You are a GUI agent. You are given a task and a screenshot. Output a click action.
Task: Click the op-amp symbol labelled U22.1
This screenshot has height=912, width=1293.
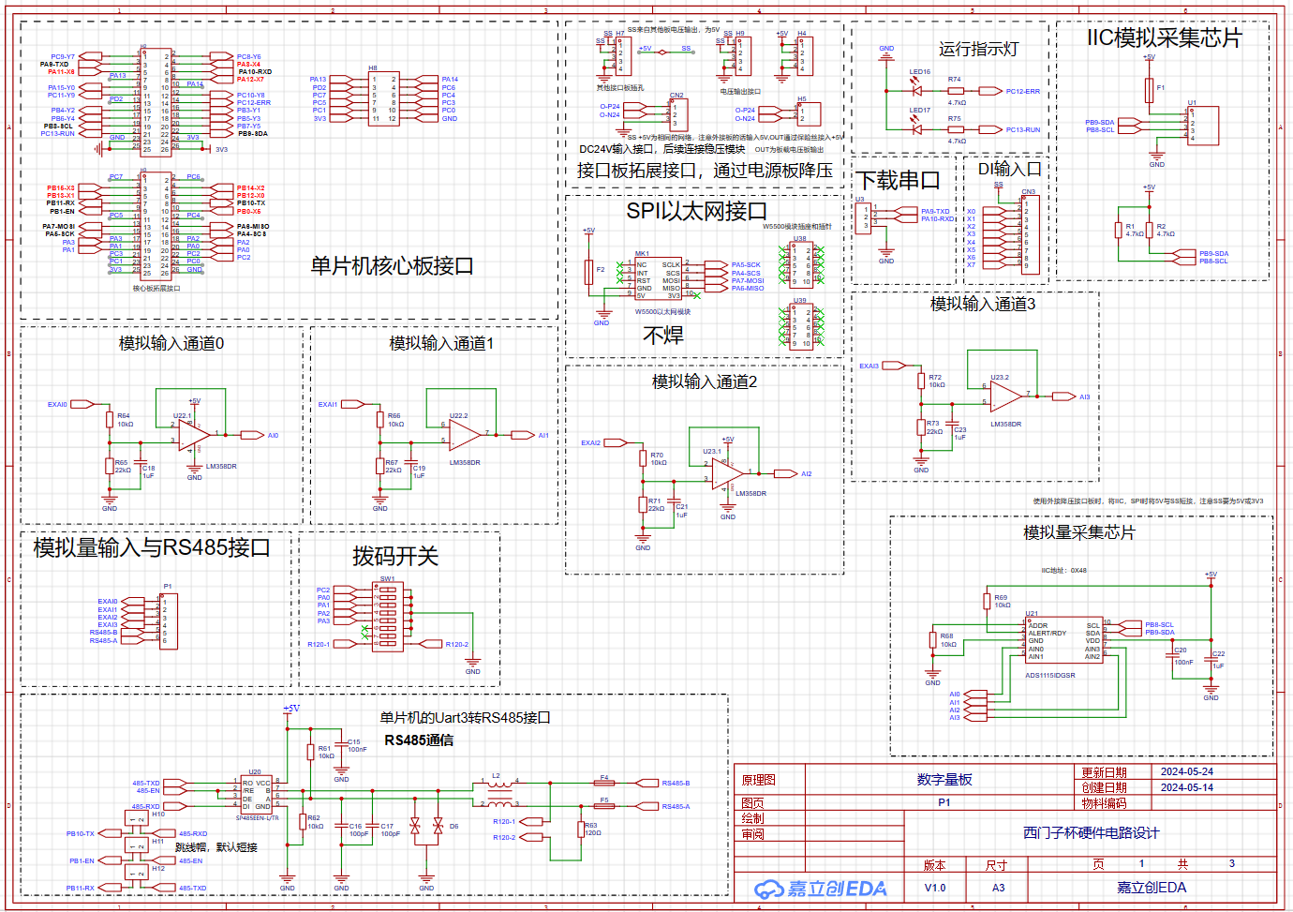tap(194, 435)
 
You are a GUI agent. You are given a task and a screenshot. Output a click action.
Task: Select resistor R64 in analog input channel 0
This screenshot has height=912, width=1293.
tap(110, 419)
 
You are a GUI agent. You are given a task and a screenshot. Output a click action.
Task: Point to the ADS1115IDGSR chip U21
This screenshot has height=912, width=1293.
tap(1064, 640)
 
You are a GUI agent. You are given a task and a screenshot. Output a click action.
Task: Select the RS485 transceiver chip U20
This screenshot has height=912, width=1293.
tap(256, 794)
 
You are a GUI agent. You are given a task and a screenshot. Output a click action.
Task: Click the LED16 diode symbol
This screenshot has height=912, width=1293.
tap(916, 91)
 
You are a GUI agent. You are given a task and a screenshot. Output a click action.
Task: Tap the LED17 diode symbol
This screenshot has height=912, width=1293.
tap(916, 129)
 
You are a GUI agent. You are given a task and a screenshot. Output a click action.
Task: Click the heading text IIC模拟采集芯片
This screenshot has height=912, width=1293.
tap(1164, 38)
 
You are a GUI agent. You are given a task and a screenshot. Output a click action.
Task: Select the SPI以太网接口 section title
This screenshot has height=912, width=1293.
tap(696, 212)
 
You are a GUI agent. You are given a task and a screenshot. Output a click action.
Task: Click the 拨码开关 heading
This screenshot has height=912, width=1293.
tap(395, 557)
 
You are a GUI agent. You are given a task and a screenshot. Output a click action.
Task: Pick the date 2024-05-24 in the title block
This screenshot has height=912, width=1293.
tap(1186, 771)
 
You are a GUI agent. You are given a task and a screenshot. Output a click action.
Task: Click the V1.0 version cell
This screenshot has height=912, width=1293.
tap(935, 888)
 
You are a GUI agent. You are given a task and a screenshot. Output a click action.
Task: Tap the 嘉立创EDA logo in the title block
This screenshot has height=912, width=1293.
tap(821, 888)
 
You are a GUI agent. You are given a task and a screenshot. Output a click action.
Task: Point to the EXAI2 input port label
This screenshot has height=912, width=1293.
tap(590, 442)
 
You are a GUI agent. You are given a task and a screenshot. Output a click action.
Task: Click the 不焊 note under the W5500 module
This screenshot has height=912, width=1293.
tap(663, 336)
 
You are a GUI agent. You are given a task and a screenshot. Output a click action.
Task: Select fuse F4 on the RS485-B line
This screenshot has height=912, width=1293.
tap(604, 783)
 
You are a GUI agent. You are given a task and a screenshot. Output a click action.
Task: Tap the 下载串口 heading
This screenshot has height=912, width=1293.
tap(897, 180)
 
